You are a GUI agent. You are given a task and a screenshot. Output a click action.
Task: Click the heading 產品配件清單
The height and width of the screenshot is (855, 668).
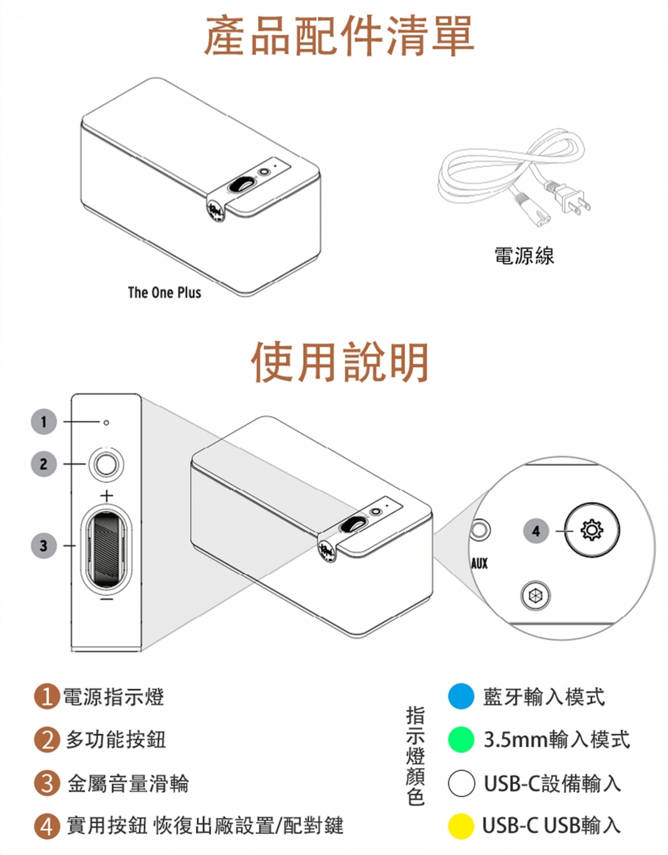[339, 36]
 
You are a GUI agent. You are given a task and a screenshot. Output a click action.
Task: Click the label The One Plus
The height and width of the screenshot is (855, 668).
[165, 293]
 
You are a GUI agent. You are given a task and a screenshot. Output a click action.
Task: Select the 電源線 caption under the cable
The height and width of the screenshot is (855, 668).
[524, 256]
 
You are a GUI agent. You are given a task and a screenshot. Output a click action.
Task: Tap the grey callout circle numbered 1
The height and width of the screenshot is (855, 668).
[44, 422]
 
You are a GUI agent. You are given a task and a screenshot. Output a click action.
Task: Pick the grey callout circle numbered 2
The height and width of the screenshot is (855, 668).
[44, 464]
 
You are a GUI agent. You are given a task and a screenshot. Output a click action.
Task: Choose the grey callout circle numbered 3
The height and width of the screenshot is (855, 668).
[44, 546]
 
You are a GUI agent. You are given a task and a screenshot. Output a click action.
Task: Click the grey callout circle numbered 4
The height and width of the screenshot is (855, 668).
[536, 531]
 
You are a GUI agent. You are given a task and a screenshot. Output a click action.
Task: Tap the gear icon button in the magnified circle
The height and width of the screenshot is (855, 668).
[592, 530]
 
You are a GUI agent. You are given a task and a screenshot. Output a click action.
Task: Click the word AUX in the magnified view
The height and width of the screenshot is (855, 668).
[480, 564]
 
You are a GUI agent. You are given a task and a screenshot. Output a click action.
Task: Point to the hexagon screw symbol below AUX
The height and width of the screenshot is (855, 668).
[535, 595]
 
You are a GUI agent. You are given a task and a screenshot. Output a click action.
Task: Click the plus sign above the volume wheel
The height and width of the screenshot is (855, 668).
[107, 496]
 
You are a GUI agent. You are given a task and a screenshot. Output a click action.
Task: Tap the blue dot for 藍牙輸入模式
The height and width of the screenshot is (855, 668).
[461, 696]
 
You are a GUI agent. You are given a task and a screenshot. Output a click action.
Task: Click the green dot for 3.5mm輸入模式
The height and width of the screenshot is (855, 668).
[461, 739]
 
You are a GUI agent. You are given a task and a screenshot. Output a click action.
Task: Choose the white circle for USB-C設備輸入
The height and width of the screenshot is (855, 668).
[461, 783]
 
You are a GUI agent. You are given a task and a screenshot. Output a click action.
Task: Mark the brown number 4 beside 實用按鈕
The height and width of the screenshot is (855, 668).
[47, 826]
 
